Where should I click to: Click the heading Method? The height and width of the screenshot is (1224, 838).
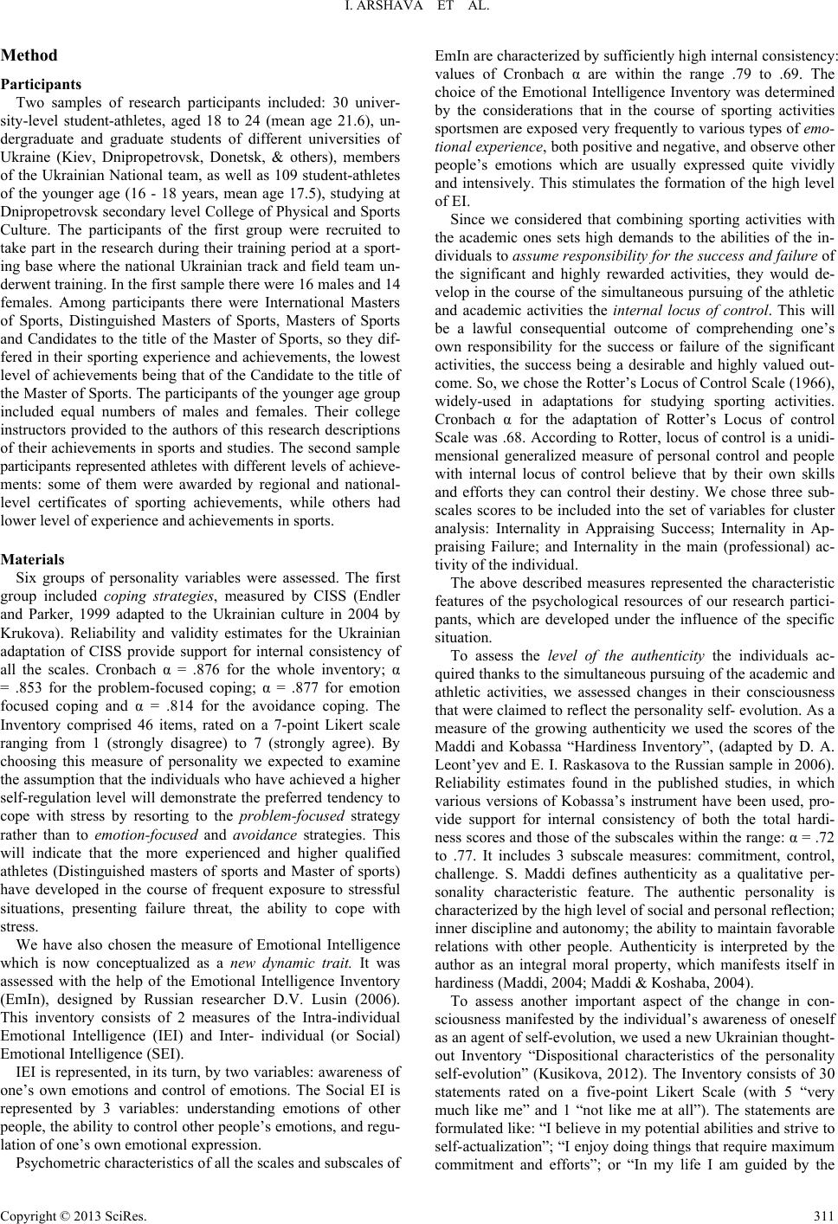point(29,55)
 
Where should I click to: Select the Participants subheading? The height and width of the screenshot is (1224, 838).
point(42,85)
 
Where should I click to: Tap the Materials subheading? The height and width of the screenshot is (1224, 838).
point(33,560)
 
